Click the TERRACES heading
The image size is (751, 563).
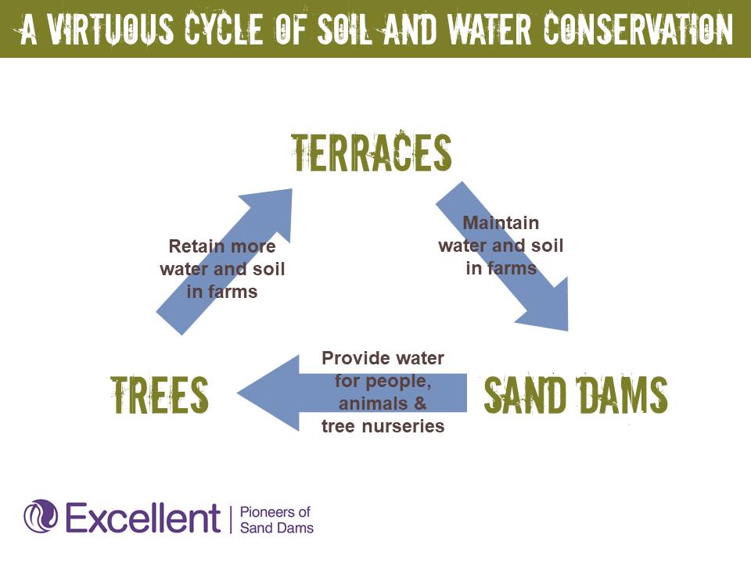[371, 152]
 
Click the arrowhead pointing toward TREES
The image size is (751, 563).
[268, 393]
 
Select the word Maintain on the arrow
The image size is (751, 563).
[501, 223]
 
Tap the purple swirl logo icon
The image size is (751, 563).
[41, 516]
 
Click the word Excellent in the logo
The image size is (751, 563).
[142, 518]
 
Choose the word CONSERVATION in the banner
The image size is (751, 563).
[638, 28]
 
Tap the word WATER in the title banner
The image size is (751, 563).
[489, 28]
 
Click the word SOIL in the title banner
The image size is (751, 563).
[344, 28]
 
